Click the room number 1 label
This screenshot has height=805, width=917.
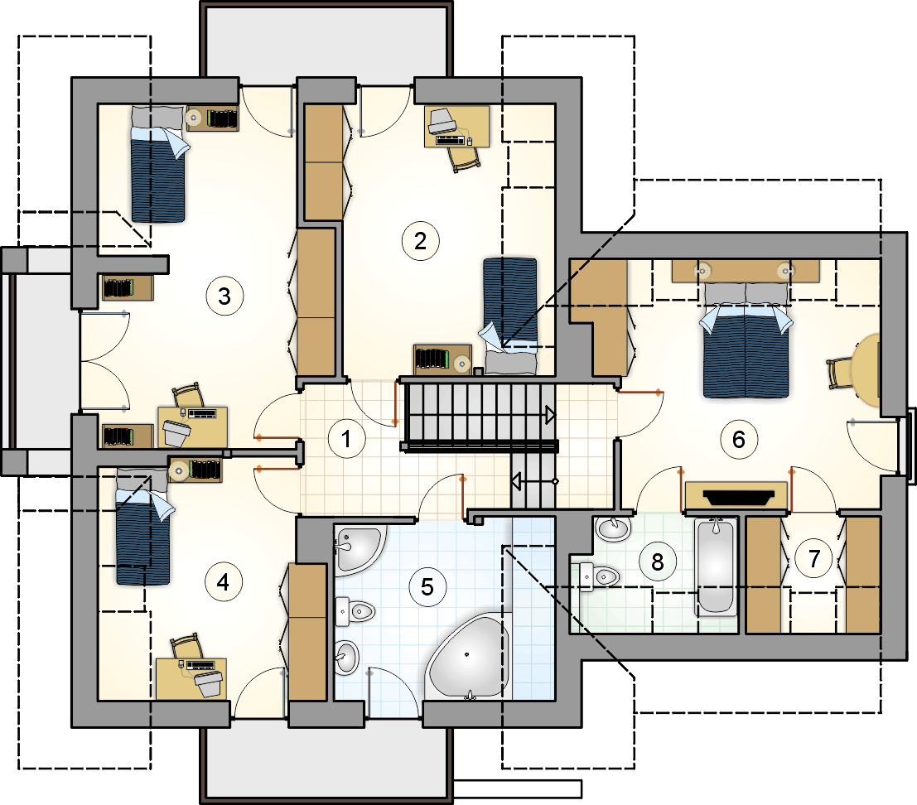(346, 438)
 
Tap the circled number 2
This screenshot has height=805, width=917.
(421, 241)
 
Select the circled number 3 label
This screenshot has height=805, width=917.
(224, 296)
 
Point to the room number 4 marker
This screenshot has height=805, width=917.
(223, 582)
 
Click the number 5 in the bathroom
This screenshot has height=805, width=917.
(427, 587)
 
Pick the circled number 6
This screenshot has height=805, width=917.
(739, 439)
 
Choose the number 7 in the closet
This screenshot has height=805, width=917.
(814, 559)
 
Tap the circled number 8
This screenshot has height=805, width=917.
(658, 562)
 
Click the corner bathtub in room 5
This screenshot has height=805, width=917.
(469, 655)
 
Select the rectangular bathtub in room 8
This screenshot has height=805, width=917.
(715, 566)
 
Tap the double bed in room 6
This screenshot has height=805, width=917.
(746, 339)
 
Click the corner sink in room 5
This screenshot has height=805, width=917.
(358, 547)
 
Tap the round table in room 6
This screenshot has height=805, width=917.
(866, 370)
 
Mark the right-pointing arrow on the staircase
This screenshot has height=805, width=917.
(550, 415)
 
